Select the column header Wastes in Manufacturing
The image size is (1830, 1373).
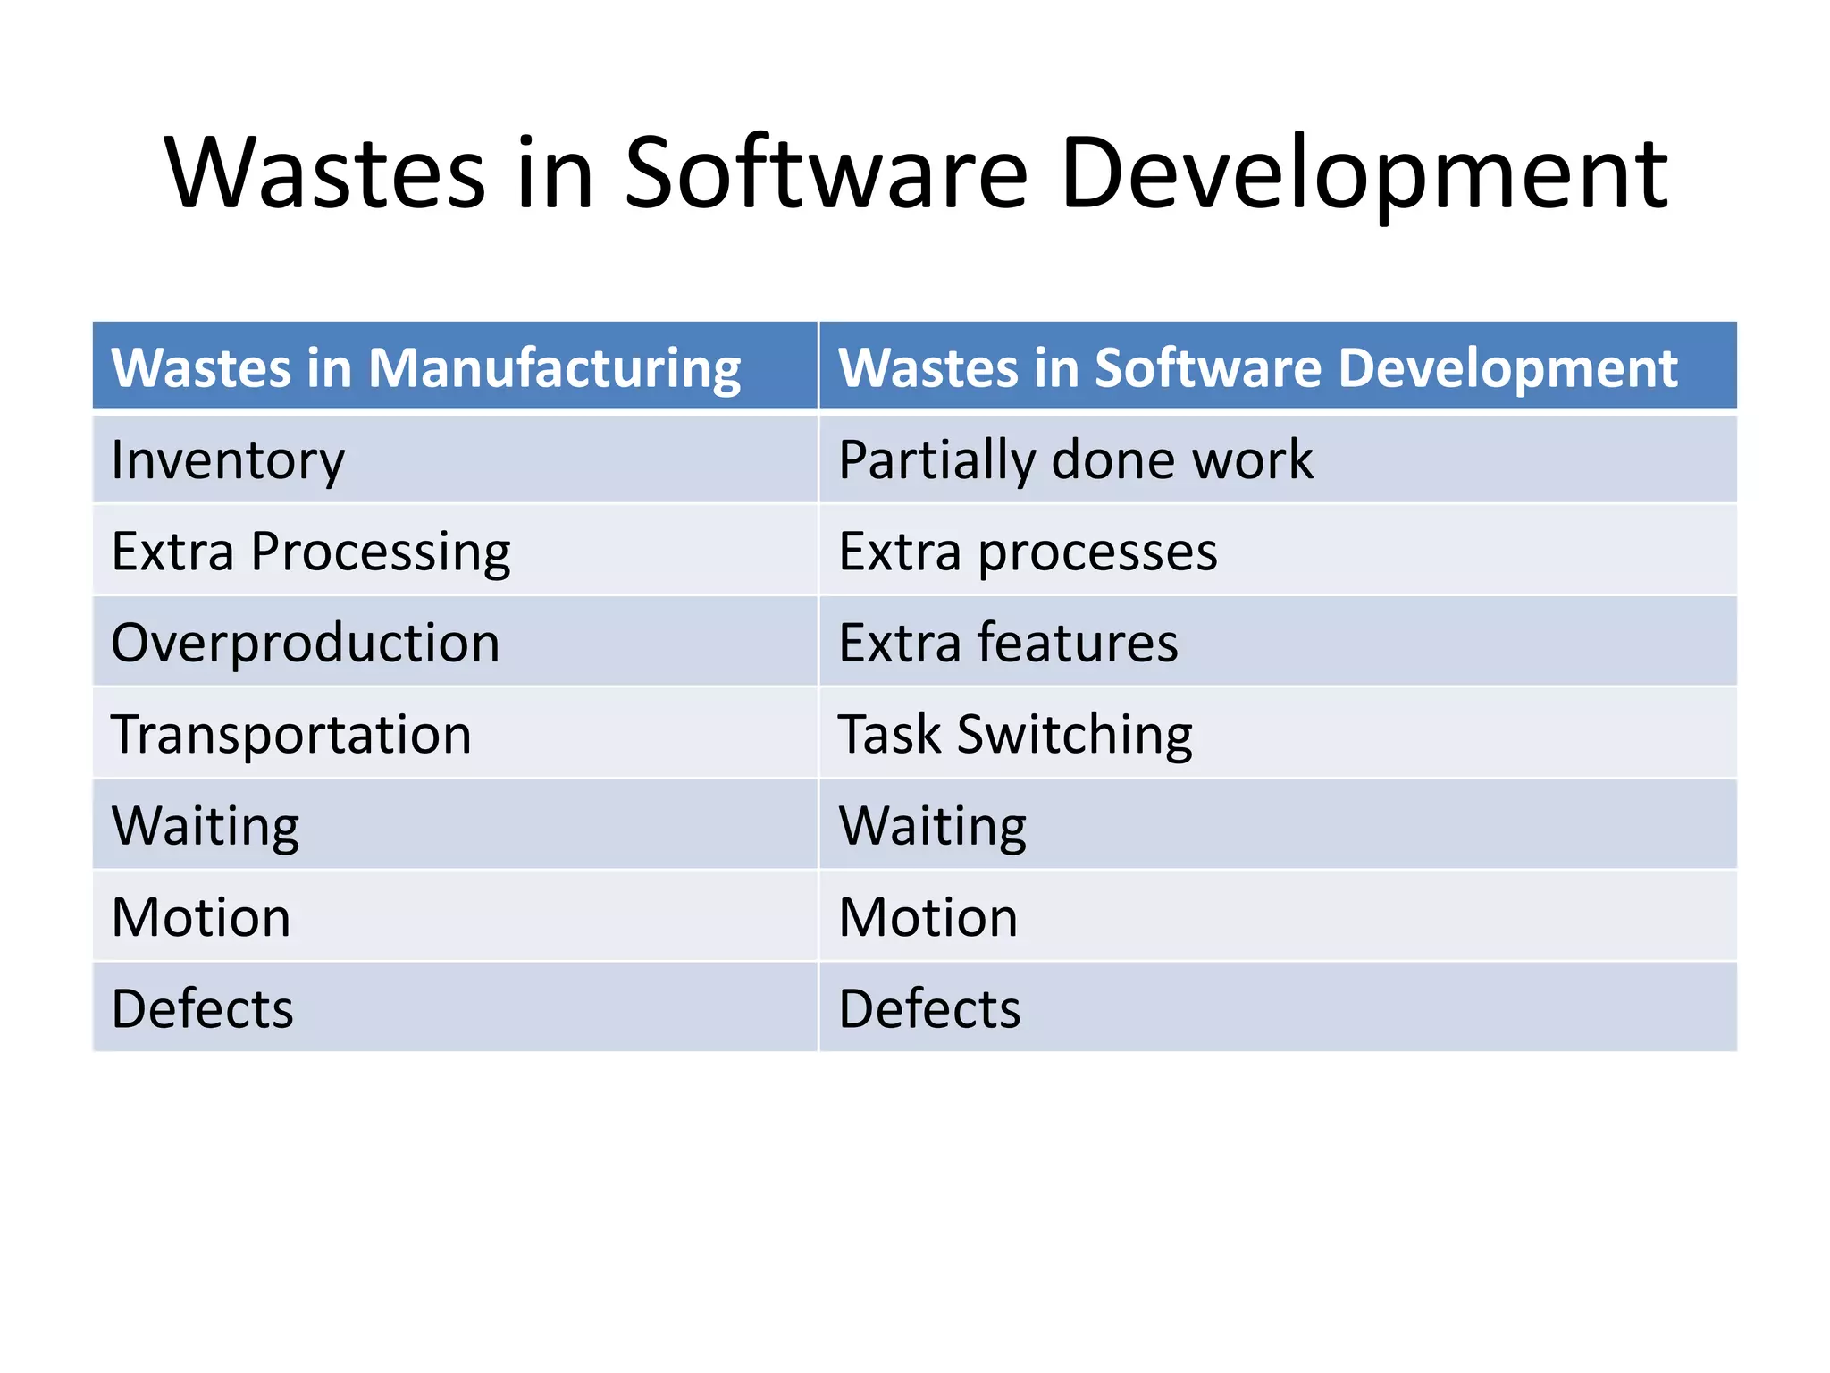(x=425, y=367)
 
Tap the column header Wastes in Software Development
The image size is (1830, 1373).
(x=1257, y=367)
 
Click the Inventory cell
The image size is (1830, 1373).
(x=228, y=460)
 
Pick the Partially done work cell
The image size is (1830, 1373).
(x=1076, y=460)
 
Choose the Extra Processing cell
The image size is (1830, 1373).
(x=310, y=552)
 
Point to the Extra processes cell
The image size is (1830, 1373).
(x=1028, y=552)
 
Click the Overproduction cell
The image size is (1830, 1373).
(x=305, y=643)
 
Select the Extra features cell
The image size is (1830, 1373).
(x=1008, y=643)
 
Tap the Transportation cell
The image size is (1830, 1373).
(x=291, y=735)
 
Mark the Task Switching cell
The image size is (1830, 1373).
(x=1015, y=735)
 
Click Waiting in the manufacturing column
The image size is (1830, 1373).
(x=206, y=826)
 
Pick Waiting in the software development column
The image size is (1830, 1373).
(x=933, y=826)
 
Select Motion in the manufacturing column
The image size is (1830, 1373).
(x=201, y=918)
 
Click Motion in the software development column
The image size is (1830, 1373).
(x=928, y=918)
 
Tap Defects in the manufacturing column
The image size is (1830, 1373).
(x=203, y=1009)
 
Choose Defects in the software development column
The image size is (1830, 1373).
(x=929, y=1009)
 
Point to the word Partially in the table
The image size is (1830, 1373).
(x=937, y=461)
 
